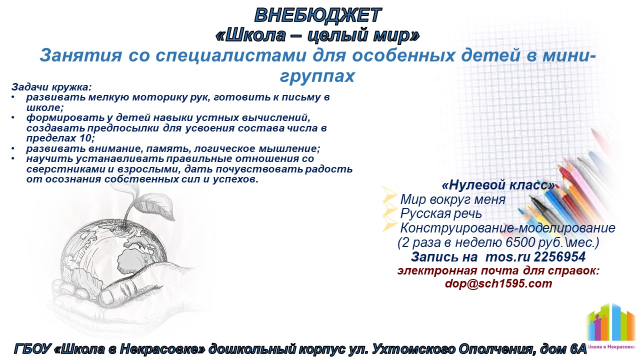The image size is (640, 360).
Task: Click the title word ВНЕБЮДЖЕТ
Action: click(318, 15)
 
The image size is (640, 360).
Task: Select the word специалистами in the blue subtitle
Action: click(231, 55)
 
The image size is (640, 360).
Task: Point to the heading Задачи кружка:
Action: click(51, 87)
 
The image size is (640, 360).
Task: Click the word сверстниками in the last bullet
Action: click(65, 169)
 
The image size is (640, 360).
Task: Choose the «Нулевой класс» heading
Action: click(498, 185)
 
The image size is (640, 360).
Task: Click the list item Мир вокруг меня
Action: click(453, 199)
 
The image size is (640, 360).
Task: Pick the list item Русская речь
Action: click(441, 213)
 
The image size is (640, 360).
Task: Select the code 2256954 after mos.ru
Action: click(559, 257)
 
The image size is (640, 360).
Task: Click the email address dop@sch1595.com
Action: click(498, 283)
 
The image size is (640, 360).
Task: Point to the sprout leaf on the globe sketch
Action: click(156, 205)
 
